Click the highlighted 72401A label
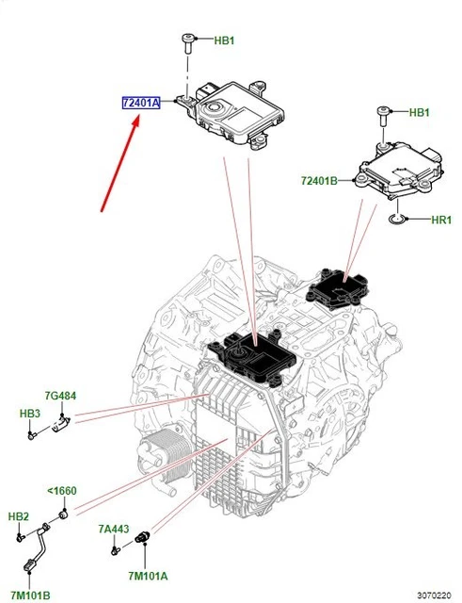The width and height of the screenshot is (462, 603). pyautogui.click(x=140, y=101)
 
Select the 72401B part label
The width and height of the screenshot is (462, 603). pyautogui.click(x=319, y=179)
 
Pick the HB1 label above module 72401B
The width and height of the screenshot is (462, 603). pyautogui.click(x=421, y=113)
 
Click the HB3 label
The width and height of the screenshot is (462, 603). pyautogui.click(x=30, y=414)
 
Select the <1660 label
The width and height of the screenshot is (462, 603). pyautogui.click(x=62, y=492)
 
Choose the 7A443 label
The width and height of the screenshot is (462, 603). pyautogui.click(x=113, y=530)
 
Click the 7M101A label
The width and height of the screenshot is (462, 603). pyautogui.click(x=148, y=576)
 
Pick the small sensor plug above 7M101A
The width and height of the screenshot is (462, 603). pyautogui.click(x=145, y=538)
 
